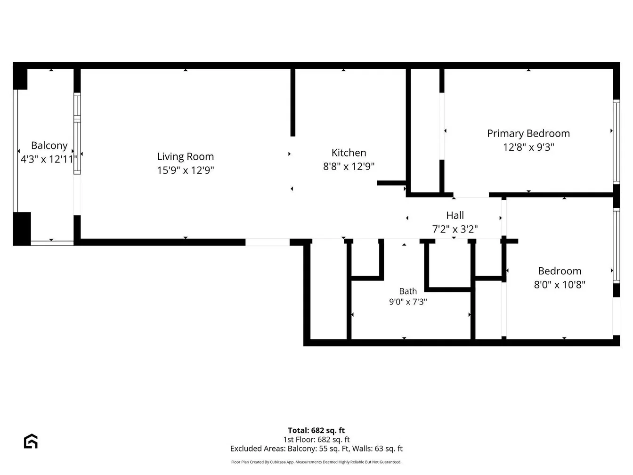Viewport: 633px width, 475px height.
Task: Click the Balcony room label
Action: (49, 145)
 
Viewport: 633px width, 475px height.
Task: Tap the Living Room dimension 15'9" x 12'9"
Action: (186, 170)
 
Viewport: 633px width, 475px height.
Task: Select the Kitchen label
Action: (349, 153)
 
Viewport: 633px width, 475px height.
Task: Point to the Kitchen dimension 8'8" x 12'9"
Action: (349, 166)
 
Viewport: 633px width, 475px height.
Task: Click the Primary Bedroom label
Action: (528, 133)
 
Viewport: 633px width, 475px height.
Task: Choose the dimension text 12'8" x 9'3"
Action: (528, 147)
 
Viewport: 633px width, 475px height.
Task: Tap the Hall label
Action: (455, 215)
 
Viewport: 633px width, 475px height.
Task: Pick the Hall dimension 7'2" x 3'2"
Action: (455, 229)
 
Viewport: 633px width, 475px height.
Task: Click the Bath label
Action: (408, 291)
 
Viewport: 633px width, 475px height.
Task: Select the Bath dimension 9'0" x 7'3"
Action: (408, 302)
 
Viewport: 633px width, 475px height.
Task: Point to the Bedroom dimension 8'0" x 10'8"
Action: (560, 285)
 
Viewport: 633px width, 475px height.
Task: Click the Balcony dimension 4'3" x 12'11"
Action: (49, 159)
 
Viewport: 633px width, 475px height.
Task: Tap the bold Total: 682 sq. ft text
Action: (316, 431)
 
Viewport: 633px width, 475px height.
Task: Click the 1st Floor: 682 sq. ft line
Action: (316, 440)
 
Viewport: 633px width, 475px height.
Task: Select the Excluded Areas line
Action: (316, 449)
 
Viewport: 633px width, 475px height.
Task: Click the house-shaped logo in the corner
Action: (31, 441)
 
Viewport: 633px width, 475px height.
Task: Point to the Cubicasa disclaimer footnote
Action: (316, 462)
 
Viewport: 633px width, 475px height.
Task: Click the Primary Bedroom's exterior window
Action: (616, 142)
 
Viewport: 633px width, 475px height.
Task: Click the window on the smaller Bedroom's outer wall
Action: (616, 246)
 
